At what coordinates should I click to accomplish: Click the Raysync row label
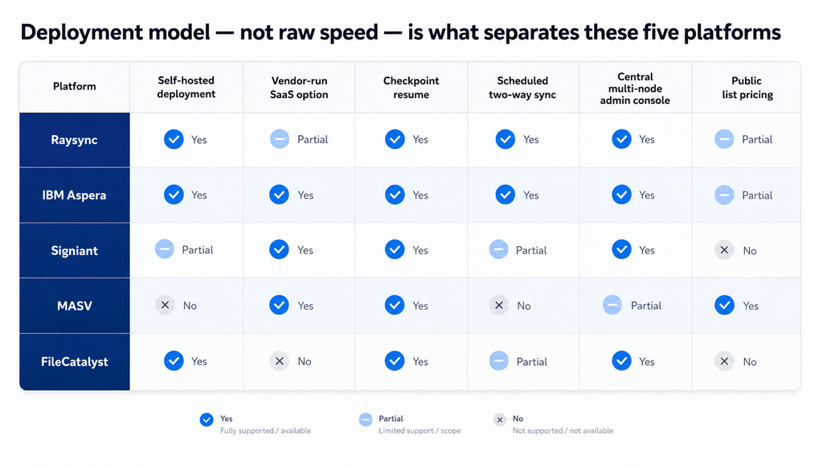pos(74,140)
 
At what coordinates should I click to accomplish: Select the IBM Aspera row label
pos(74,195)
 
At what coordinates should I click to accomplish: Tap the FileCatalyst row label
pos(75,361)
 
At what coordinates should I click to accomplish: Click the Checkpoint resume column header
pos(411,87)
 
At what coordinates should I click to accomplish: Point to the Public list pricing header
pos(747,87)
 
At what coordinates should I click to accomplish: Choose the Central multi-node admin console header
pos(635,88)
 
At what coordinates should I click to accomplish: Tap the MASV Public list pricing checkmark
pos(724,305)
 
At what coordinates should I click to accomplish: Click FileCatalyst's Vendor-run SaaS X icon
pos(279,361)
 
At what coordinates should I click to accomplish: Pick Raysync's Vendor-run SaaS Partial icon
pos(279,139)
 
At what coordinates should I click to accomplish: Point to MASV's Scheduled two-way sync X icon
pos(498,305)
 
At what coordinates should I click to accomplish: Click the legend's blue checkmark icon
pos(207,419)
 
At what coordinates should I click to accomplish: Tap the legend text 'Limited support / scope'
pos(420,431)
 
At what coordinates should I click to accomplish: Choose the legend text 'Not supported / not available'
pos(563,431)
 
